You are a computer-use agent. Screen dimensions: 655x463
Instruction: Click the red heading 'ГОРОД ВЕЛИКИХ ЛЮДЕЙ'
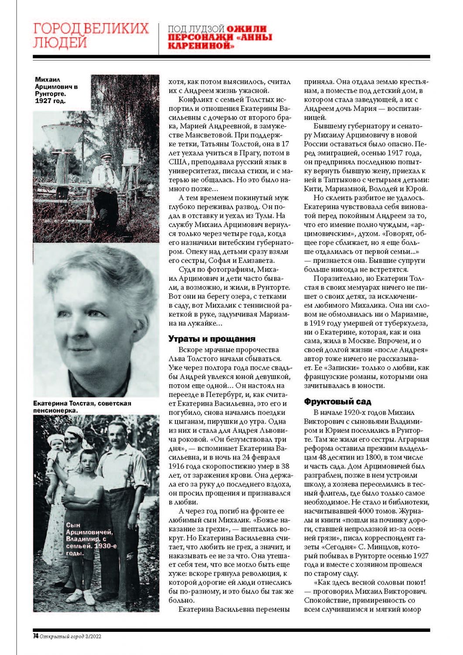click(x=91, y=35)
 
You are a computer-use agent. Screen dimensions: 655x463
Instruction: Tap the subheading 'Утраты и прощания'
click(x=212, y=339)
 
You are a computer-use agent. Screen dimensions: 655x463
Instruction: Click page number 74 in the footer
click(x=35, y=636)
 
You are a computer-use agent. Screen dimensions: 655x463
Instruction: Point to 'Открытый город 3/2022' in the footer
click(x=70, y=636)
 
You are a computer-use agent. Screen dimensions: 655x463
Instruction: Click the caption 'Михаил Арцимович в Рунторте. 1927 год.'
click(x=56, y=90)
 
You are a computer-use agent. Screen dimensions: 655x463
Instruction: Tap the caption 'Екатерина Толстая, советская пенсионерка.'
click(x=82, y=407)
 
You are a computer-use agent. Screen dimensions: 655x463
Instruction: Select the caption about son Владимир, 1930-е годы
click(x=89, y=539)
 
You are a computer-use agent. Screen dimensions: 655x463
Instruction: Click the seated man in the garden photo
click(x=105, y=183)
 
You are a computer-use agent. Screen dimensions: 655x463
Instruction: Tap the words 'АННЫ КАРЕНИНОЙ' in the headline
click(x=221, y=42)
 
